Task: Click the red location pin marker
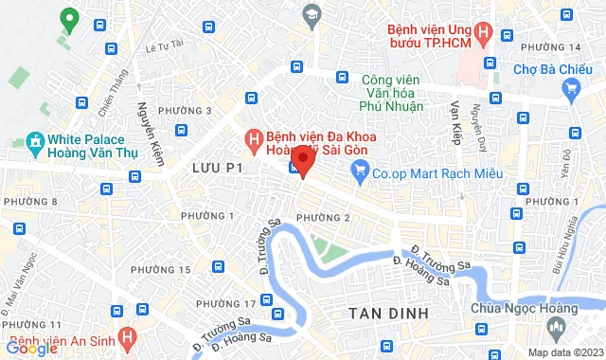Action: click(x=302, y=160)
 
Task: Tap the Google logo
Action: click(x=30, y=349)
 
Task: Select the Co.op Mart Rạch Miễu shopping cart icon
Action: click(x=359, y=171)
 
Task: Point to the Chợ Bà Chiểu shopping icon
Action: click(x=570, y=89)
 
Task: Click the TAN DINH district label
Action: click(x=389, y=313)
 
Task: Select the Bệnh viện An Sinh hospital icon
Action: click(x=129, y=336)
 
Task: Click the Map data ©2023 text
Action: click(x=563, y=352)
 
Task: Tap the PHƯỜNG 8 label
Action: click(x=29, y=202)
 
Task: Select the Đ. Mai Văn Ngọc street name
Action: click(x=22, y=276)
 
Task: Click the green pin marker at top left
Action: click(x=68, y=18)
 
